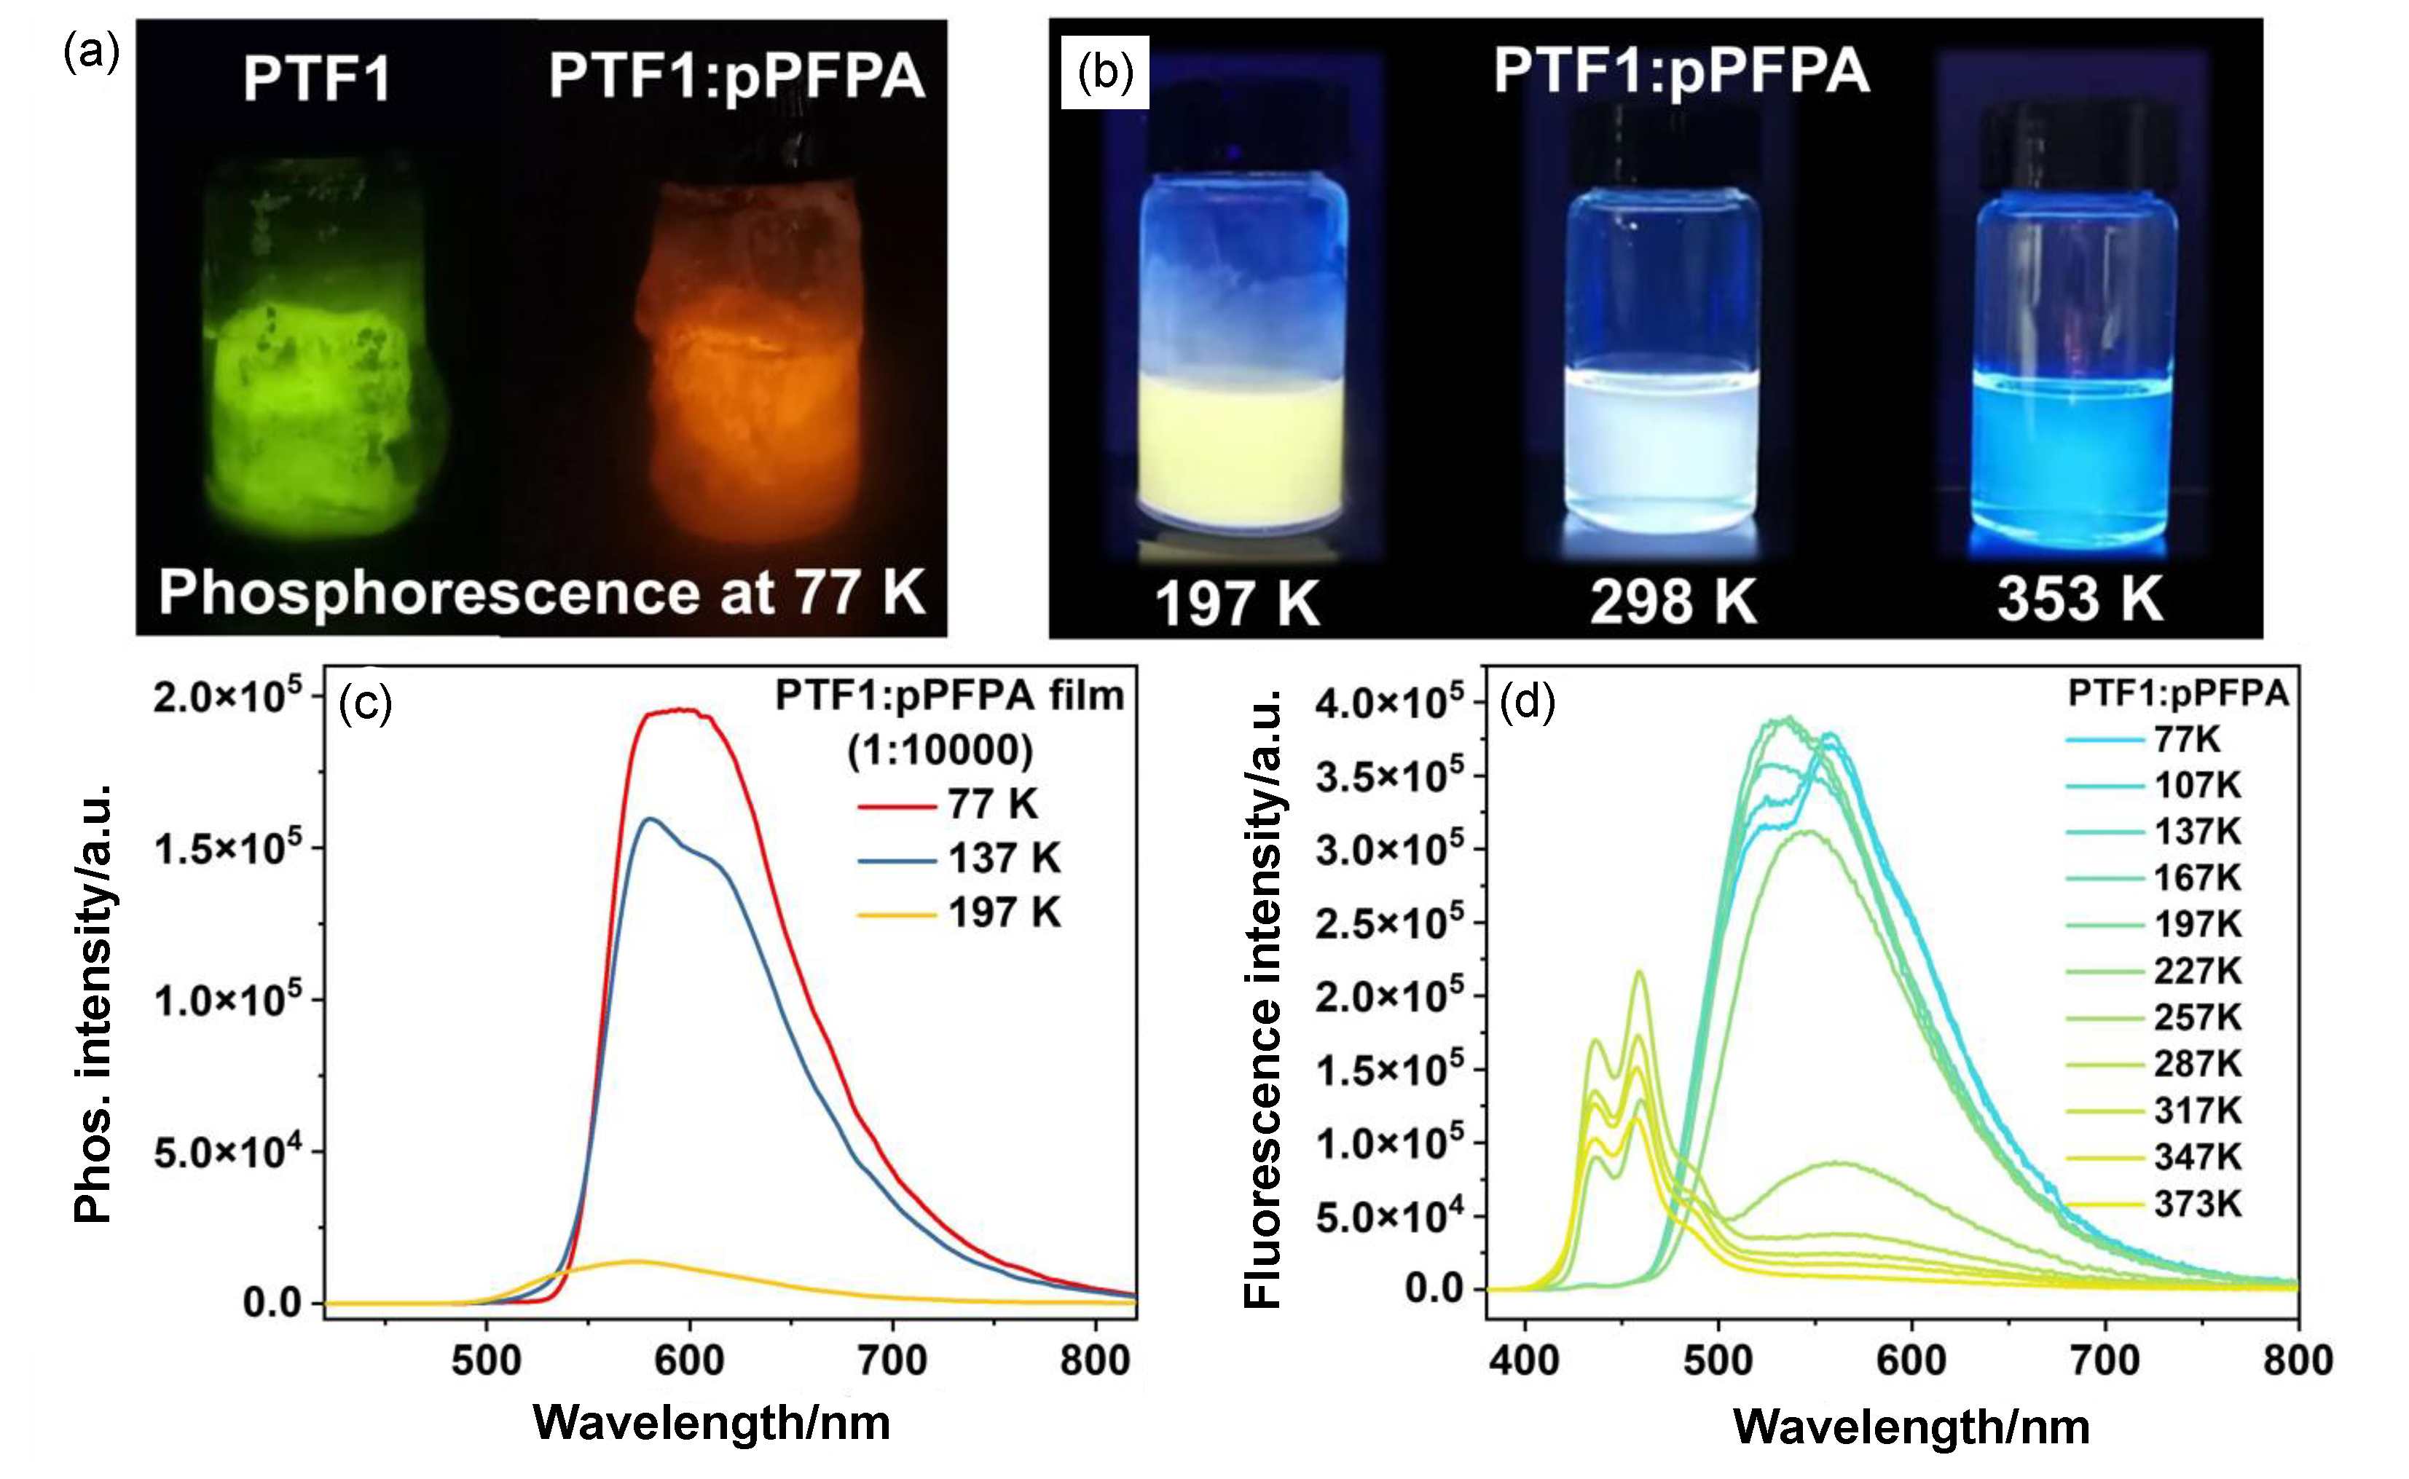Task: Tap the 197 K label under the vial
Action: (x=1238, y=602)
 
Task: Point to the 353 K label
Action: (x=2080, y=599)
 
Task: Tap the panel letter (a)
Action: (x=91, y=52)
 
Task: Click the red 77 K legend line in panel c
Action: (x=896, y=807)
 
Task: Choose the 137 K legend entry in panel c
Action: (x=959, y=859)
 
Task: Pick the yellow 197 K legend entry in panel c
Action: (x=959, y=914)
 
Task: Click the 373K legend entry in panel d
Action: (x=2153, y=1205)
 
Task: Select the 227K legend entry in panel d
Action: (x=2153, y=972)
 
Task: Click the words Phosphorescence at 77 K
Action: (x=542, y=592)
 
